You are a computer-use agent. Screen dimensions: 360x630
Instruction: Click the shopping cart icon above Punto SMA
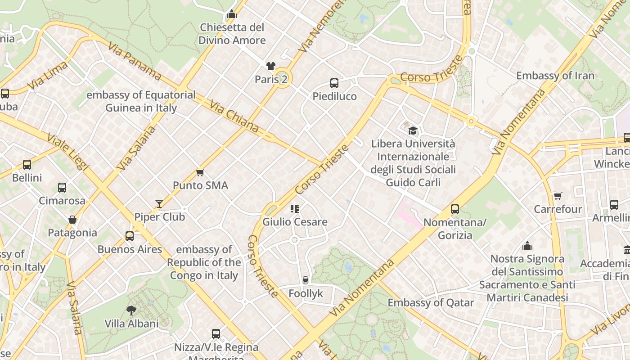[200, 173]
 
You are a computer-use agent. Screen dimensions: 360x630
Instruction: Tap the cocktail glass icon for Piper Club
[159, 204]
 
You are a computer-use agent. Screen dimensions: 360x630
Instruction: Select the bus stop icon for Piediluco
[334, 83]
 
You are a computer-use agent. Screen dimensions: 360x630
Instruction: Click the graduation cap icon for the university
[413, 131]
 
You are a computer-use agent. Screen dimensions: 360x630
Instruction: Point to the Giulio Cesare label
[295, 222]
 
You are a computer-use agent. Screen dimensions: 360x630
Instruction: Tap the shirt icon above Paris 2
[270, 67]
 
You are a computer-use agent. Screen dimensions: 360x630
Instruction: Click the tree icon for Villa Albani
[131, 310]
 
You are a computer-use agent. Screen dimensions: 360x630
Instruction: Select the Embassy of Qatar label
[431, 302]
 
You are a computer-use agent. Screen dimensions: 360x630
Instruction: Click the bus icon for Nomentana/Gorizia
[455, 209]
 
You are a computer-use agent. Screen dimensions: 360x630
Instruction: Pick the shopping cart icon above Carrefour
[558, 196]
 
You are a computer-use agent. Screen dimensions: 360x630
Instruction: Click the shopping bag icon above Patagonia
[72, 220]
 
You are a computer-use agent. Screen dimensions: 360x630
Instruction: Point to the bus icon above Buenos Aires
[130, 236]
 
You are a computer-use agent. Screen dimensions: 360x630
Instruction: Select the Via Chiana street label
[234, 117]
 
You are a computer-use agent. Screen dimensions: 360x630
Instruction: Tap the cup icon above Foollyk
[306, 280]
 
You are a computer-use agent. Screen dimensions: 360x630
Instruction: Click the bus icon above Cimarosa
[62, 188]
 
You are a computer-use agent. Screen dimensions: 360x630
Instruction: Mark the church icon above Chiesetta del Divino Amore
[232, 14]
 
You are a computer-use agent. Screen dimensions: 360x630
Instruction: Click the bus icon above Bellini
[27, 165]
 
